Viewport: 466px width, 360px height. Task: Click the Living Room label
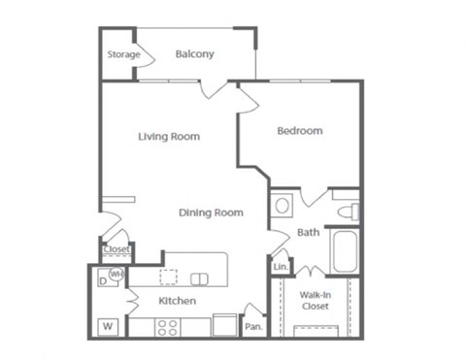tap(169, 137)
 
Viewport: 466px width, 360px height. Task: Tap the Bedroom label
tap(299, 131)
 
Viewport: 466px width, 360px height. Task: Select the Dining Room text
tap(211, 213)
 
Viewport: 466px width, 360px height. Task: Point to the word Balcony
tap(195, 54)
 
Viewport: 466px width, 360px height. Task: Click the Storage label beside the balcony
tap(123, 54)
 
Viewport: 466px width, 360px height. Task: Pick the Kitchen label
tap(177, 301)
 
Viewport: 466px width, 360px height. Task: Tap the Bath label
tap(308, 232)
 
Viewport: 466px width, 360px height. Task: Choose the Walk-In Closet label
tap(314, 300)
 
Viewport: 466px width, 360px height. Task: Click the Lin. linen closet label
tap(281, 266)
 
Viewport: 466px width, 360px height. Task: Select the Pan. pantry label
tap(253, 327)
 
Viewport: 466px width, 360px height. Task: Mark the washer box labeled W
tap(108, 326)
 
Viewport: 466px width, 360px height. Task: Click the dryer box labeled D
tap(104, 281)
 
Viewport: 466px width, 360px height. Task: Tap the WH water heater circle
tap(116, 275)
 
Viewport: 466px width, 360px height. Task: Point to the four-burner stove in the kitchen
tap(168, 326)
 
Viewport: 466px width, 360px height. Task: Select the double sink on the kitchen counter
tap(199, 279)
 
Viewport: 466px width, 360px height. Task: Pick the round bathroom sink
tap(283, 206)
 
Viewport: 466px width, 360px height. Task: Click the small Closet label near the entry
tap(116, 249)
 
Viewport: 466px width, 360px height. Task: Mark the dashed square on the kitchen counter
tap(169, 278)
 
